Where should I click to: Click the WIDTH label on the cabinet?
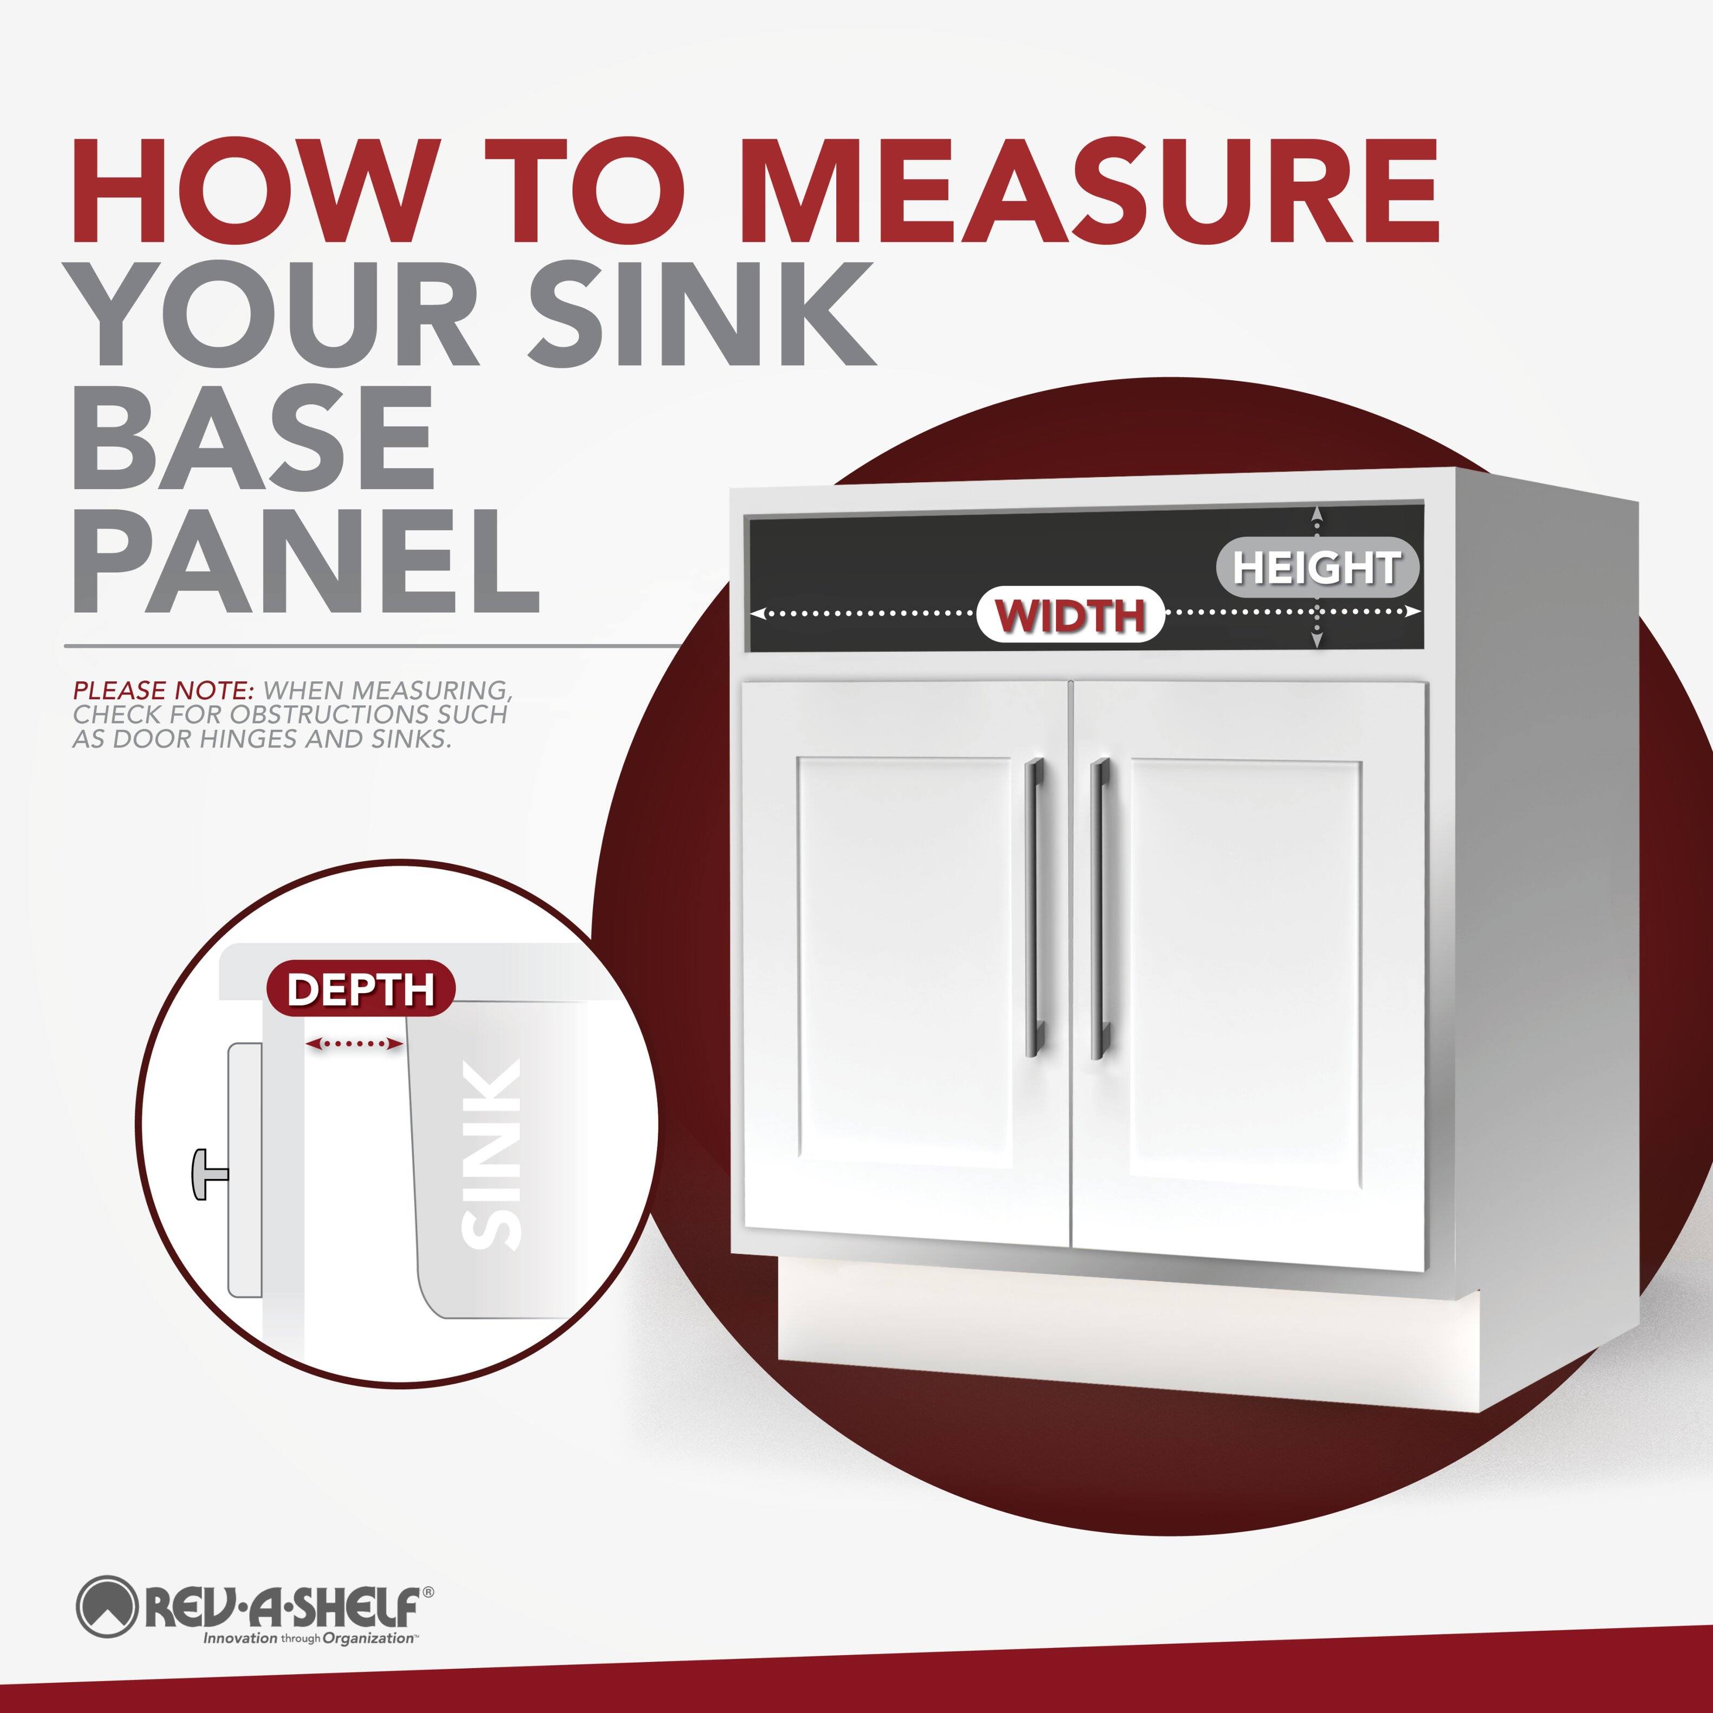coord(1070,615)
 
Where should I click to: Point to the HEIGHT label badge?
coord(1317,568)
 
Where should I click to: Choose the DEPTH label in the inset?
coord(360,988)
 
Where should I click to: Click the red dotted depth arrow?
coord(354,1045)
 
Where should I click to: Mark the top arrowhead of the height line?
coord(1317,512)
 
